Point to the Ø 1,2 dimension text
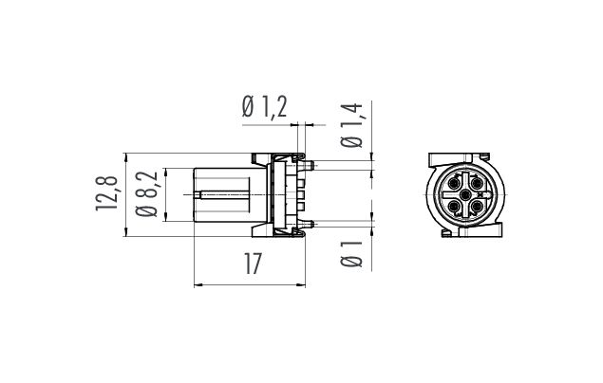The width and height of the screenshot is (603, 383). pyautogui.click(x=265, y=109)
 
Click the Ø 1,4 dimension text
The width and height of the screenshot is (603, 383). pyautogui.click(x=351, y=125)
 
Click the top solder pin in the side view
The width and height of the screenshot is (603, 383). pyautogui.click(x=311, y=167)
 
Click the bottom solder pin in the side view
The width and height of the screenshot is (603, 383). pyautogui.click(x=311, y=222)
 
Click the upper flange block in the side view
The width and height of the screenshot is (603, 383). pyautogui.click(x=262, y=158)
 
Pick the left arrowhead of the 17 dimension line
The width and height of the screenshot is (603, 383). pyautogui.click(x=197, y=283)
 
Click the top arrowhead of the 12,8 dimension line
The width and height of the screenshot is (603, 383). pyautogui.click(x=126, y=155)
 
